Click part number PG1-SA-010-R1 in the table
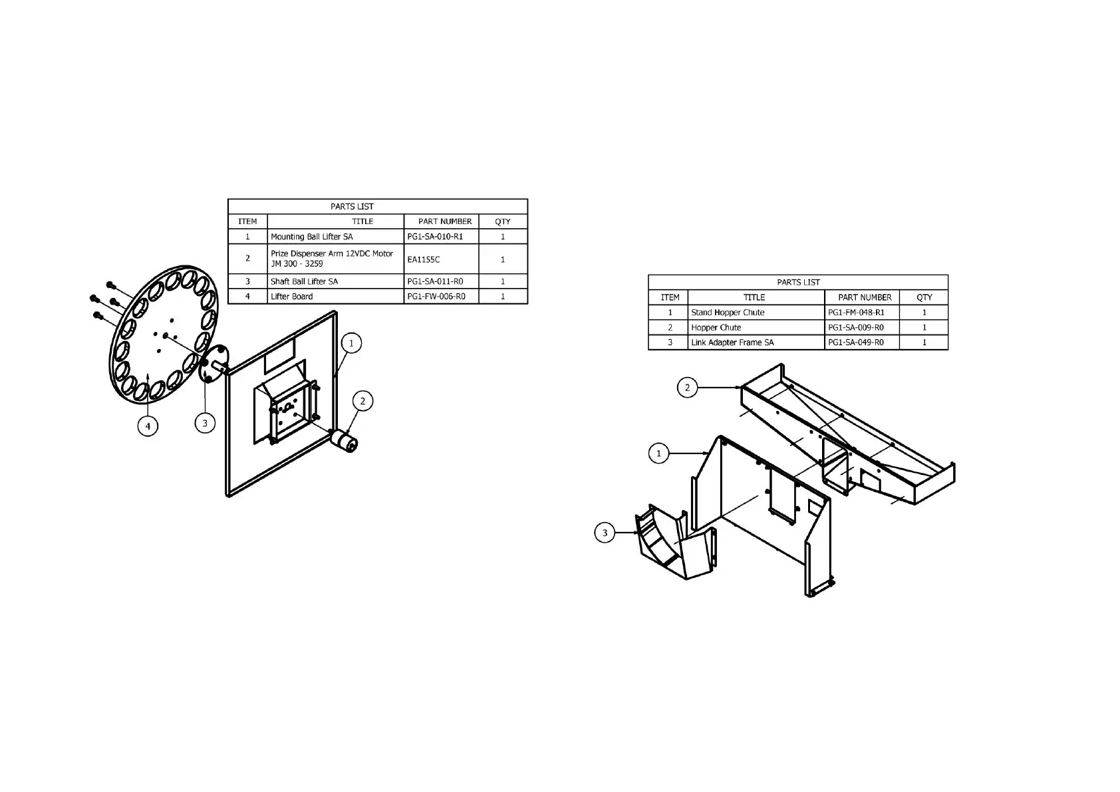point(435,237)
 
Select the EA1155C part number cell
point(424,259)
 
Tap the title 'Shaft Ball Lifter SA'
point(304,281)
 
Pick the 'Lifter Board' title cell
point(291,297)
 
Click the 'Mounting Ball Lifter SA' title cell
point(311,237)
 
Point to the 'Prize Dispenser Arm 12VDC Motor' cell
point(331,259)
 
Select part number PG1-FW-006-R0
point(436,297)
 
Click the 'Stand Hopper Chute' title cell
point(728,313)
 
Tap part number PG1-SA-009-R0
point(856,328)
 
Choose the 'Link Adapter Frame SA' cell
point(732,342)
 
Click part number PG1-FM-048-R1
point(856,313)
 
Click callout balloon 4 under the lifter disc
point(148,426)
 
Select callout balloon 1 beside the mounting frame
point(351,343)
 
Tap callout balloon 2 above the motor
point(362,401)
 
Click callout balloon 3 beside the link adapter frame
point(605,533)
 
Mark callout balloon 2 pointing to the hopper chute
point(687,388)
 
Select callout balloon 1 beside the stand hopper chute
point(658,454)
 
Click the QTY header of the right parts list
point(924,297)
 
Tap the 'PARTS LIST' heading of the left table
point(352,206)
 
